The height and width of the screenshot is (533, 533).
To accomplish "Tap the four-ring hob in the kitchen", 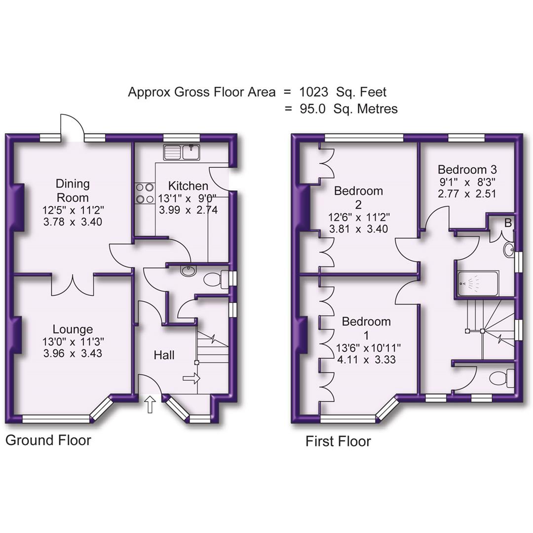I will [144, 193].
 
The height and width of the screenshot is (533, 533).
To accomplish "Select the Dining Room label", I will [73, 190].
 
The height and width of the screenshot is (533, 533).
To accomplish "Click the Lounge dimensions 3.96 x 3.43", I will [73, 353].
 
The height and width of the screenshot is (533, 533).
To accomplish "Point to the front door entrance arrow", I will [150, 406].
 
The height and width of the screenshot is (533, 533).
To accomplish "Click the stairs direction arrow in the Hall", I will [191, 379].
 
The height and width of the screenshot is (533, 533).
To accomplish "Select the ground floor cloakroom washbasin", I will [188, 270].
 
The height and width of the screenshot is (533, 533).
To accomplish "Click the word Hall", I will [164, 355].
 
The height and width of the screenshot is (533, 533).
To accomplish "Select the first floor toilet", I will [499, 379].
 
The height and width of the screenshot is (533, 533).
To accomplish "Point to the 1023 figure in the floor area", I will [313, 92].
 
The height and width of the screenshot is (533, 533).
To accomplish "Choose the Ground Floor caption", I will [48, 440].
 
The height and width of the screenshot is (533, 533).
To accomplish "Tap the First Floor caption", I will [338, 441].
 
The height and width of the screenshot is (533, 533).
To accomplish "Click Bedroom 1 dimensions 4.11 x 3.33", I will [366, 359].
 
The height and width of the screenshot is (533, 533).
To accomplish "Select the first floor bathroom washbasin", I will [509, 250].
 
